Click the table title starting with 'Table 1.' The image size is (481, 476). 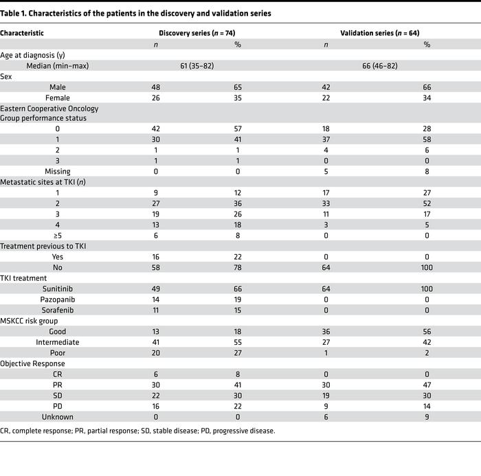[136, 13]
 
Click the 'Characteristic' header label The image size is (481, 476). [22, 33]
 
